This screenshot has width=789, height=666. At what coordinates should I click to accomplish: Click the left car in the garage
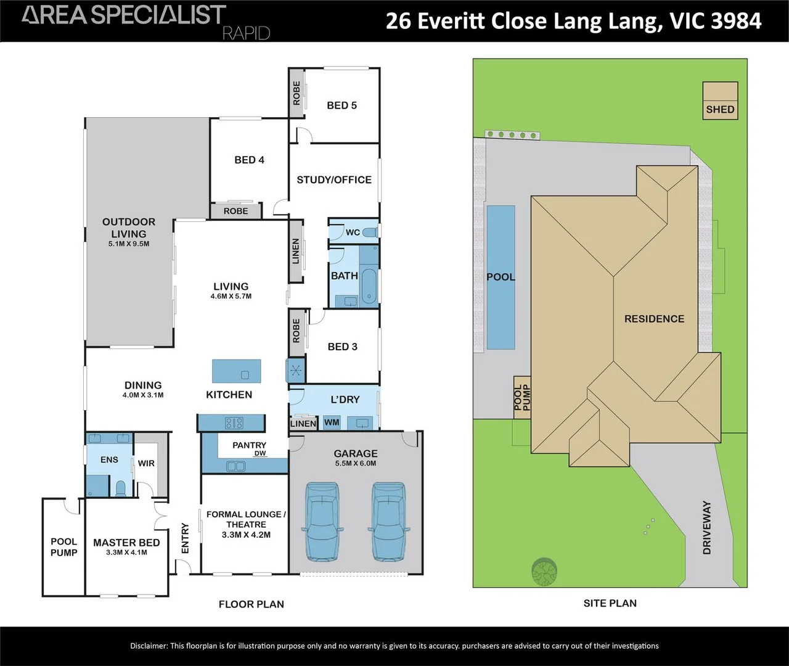point(321,522)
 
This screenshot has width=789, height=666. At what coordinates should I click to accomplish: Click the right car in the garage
point(388,522)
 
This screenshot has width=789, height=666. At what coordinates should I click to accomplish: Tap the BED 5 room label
point(341,105)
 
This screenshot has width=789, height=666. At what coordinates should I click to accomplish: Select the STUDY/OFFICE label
point(334,180)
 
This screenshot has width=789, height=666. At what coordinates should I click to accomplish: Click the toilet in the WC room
point(370,232)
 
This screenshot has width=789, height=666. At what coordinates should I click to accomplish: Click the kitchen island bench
point(237,372)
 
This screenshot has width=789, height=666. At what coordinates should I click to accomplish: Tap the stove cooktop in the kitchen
point(234,423)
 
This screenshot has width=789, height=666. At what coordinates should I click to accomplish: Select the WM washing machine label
point(332,423)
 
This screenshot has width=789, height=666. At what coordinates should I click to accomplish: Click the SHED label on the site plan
point(720,110)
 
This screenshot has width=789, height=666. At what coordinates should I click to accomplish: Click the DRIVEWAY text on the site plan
point(707,528)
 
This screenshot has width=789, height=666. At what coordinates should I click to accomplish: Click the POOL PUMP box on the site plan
point(522,398)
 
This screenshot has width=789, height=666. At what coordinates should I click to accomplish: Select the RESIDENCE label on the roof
point(654,319)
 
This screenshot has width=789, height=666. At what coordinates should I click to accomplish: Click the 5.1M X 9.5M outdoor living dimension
point(129,244)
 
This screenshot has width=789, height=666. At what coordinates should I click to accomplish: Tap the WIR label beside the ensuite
point(146,464)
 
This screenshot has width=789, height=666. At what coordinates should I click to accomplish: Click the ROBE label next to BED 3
point(296,331)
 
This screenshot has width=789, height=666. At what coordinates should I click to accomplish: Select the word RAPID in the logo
point(247,33)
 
